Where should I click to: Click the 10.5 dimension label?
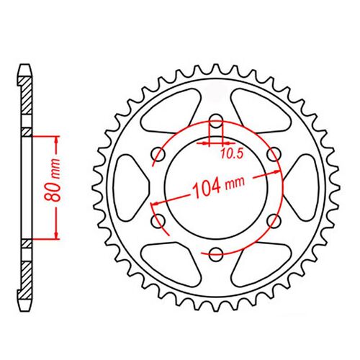[232, 154]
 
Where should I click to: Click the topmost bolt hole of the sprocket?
[216, 121]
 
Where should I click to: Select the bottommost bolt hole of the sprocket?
[216, 254]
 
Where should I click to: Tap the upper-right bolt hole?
[274, 155]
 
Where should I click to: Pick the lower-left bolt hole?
[158, 221]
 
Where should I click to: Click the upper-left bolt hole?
[158, 155]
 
